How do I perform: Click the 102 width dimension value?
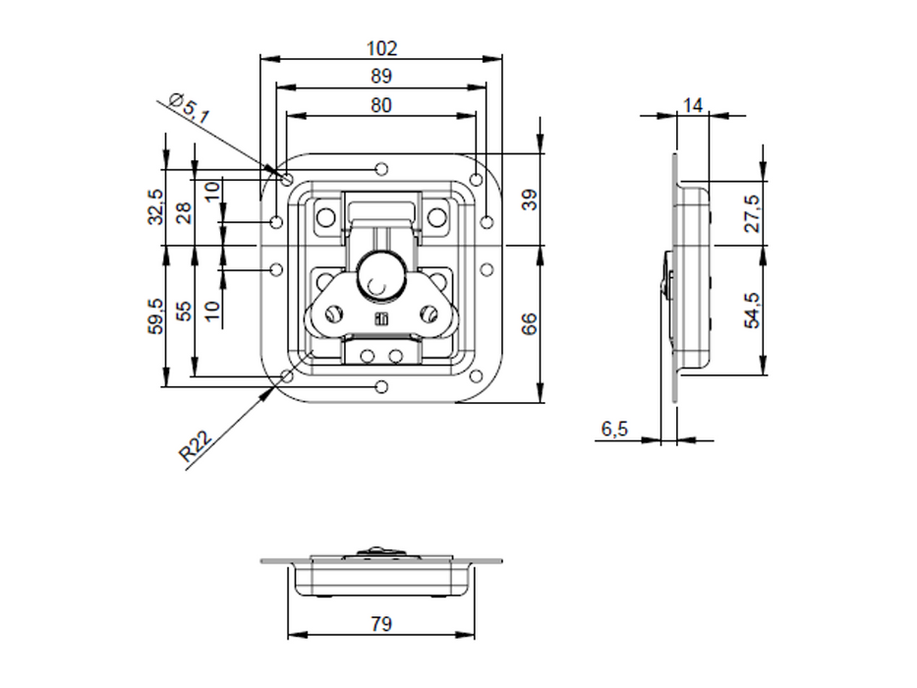pos(381,48)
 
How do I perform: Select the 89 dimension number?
pos(380,77)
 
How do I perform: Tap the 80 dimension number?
pos(380,105)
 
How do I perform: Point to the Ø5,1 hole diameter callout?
pos(189,108)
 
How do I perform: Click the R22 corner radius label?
pos(195,446)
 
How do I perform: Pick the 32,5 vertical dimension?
pos(155,206)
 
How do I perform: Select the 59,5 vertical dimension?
pos(155,315)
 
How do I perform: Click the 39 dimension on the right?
pos(528,201)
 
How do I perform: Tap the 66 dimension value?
pos(528,323)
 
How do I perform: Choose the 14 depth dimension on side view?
pos(693,106)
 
